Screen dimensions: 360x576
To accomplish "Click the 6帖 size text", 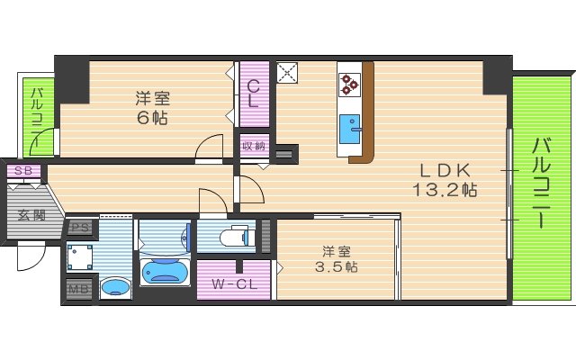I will [153, 117].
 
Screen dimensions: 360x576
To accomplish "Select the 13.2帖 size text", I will [445, 190].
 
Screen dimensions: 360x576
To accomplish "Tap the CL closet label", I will [254, 94].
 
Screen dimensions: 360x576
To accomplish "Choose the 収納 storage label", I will [253, 146].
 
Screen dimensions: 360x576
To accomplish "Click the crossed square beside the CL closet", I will [288, 71].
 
